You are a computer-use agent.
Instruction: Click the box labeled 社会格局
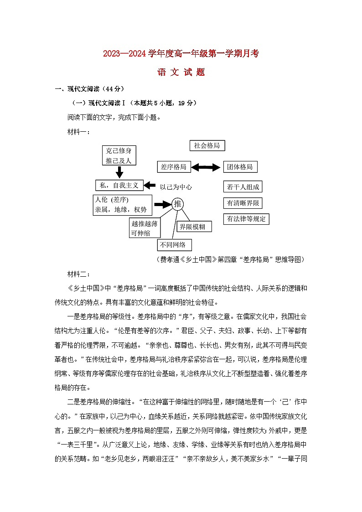pos(207,145)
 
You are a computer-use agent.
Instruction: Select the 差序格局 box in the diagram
pos(174,167)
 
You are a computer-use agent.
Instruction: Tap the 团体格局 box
pos(240,167)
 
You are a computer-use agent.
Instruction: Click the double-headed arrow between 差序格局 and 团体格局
pos(206,167)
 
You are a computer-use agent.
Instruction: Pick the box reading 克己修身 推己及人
pos(119,155)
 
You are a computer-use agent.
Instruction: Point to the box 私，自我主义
pos(119,185)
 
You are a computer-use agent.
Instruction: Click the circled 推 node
pos(178,204)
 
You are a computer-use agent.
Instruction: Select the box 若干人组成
pos(243,187)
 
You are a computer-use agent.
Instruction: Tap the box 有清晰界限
pos(243,203)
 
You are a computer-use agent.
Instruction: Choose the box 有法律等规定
pos(246,219)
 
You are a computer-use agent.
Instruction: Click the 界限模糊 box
pos(195,226)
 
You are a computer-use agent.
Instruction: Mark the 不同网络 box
pos(174,245)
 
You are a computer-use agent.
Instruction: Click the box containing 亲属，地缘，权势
pos(122,205)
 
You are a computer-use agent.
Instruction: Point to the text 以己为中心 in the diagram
pos(176,186)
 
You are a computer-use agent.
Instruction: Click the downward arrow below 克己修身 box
pos(119,172)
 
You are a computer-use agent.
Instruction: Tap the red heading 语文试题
pos(181,72)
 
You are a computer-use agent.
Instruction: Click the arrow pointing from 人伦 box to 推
pos(162,204)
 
